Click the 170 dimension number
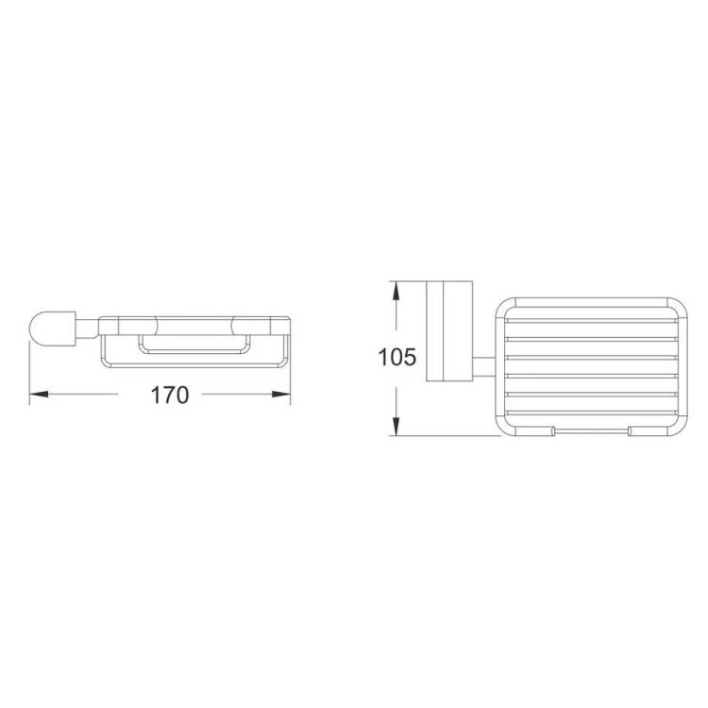pos(170,396)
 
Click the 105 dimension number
pos(396,357)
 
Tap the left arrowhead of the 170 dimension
pos(39,395)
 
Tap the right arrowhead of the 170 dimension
pos(281,395)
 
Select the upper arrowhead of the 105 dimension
pos(396,291)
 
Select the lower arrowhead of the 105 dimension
pos(396,427)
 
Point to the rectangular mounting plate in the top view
pos(449,331)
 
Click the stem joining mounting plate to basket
pos(484,366)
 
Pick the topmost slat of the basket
pos(591,321)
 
